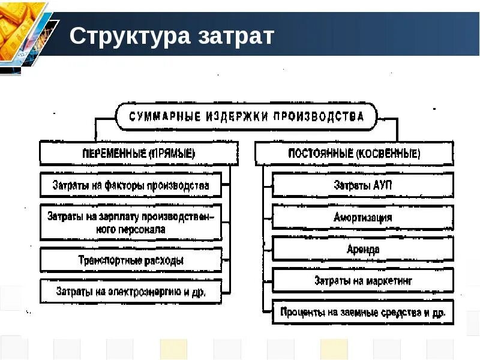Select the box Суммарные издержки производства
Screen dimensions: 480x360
(246, 116)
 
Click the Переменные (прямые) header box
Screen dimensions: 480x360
(139, 153)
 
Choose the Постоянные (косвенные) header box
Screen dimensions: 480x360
(354, 153)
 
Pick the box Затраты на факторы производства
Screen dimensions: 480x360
(131, 185)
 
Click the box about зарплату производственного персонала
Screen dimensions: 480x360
(131, 222)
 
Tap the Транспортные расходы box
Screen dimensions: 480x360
(131, 260)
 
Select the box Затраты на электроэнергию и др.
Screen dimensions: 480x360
(131, 292)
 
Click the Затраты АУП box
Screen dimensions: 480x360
(363, 185)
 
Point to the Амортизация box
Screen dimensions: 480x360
(363, 217)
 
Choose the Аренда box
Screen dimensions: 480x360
(363, 248)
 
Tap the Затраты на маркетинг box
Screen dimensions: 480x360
(363, 280)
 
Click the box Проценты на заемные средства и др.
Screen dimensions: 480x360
(363, 312)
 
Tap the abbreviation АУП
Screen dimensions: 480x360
(380, 185)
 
